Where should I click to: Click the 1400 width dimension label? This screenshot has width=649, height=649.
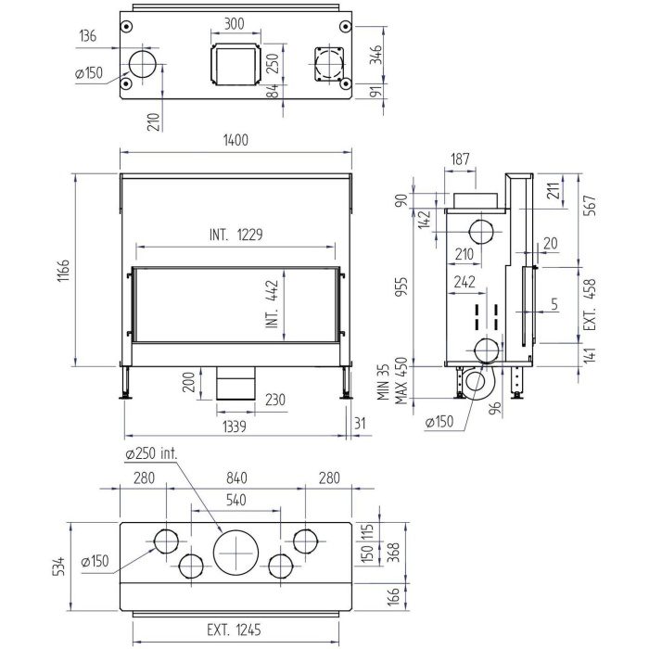pyautogui.click(x=235, y=140)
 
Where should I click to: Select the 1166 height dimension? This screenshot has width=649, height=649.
pyautogui.click(x=64, y=271)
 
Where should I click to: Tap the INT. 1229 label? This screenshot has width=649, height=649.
pyautogui.click(x=235, y=235)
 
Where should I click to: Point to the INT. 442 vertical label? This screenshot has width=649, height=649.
pyautogui.click(x=272, y=304)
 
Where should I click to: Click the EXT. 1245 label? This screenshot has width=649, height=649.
pyautogui.click(x=234, y=630)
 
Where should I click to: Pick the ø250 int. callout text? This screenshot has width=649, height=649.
pyautogui.click(x=151, y=453)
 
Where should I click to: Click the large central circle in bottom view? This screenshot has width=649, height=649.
pyautogui.click(x=235, y=554)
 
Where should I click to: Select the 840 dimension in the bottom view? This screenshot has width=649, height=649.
pyautogui.click(x=236, y=478)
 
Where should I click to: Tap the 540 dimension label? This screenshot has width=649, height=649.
pyautogui.click(x=235, y=500)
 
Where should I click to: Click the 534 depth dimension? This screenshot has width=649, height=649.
pyautogui.click(x=59, y=567)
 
